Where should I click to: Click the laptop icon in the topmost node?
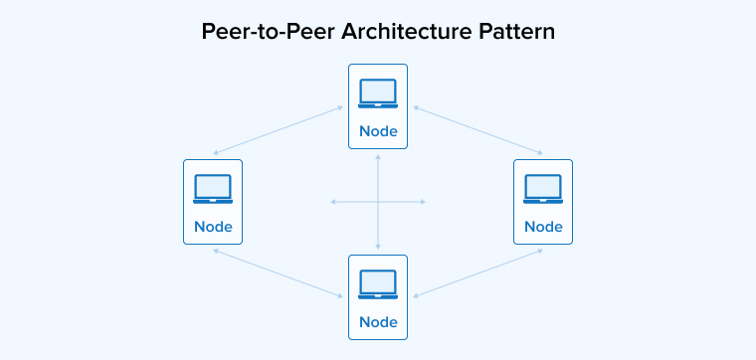[x=378, y=93]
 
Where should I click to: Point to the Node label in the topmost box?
[x=378, y=131]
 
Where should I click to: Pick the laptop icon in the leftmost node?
[x=213, y=188]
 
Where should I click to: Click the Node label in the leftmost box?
[x=213, y=226]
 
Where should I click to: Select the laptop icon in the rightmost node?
[x=543, y=188]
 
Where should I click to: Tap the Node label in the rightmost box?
[x=543, y=226]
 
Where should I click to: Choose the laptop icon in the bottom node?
[x=378, y=283]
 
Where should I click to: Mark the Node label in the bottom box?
[x=378, y=321]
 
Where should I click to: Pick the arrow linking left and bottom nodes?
[x=279, y=272]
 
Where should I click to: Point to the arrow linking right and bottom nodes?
[x=477, y=272]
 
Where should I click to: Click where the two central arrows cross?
[x=378, y=202]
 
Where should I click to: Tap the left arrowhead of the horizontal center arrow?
[x=332, y=202]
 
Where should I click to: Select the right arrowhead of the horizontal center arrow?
[x=424, y=202]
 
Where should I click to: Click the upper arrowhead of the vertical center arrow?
[x=378, y=157]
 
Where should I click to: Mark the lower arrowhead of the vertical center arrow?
[x=378, y=247]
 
